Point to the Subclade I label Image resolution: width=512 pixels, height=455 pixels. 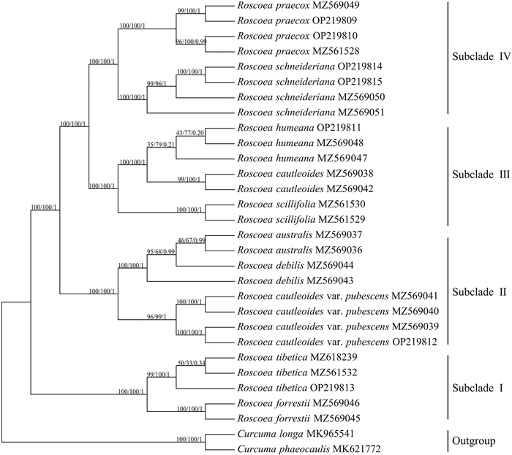click(477, 387)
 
